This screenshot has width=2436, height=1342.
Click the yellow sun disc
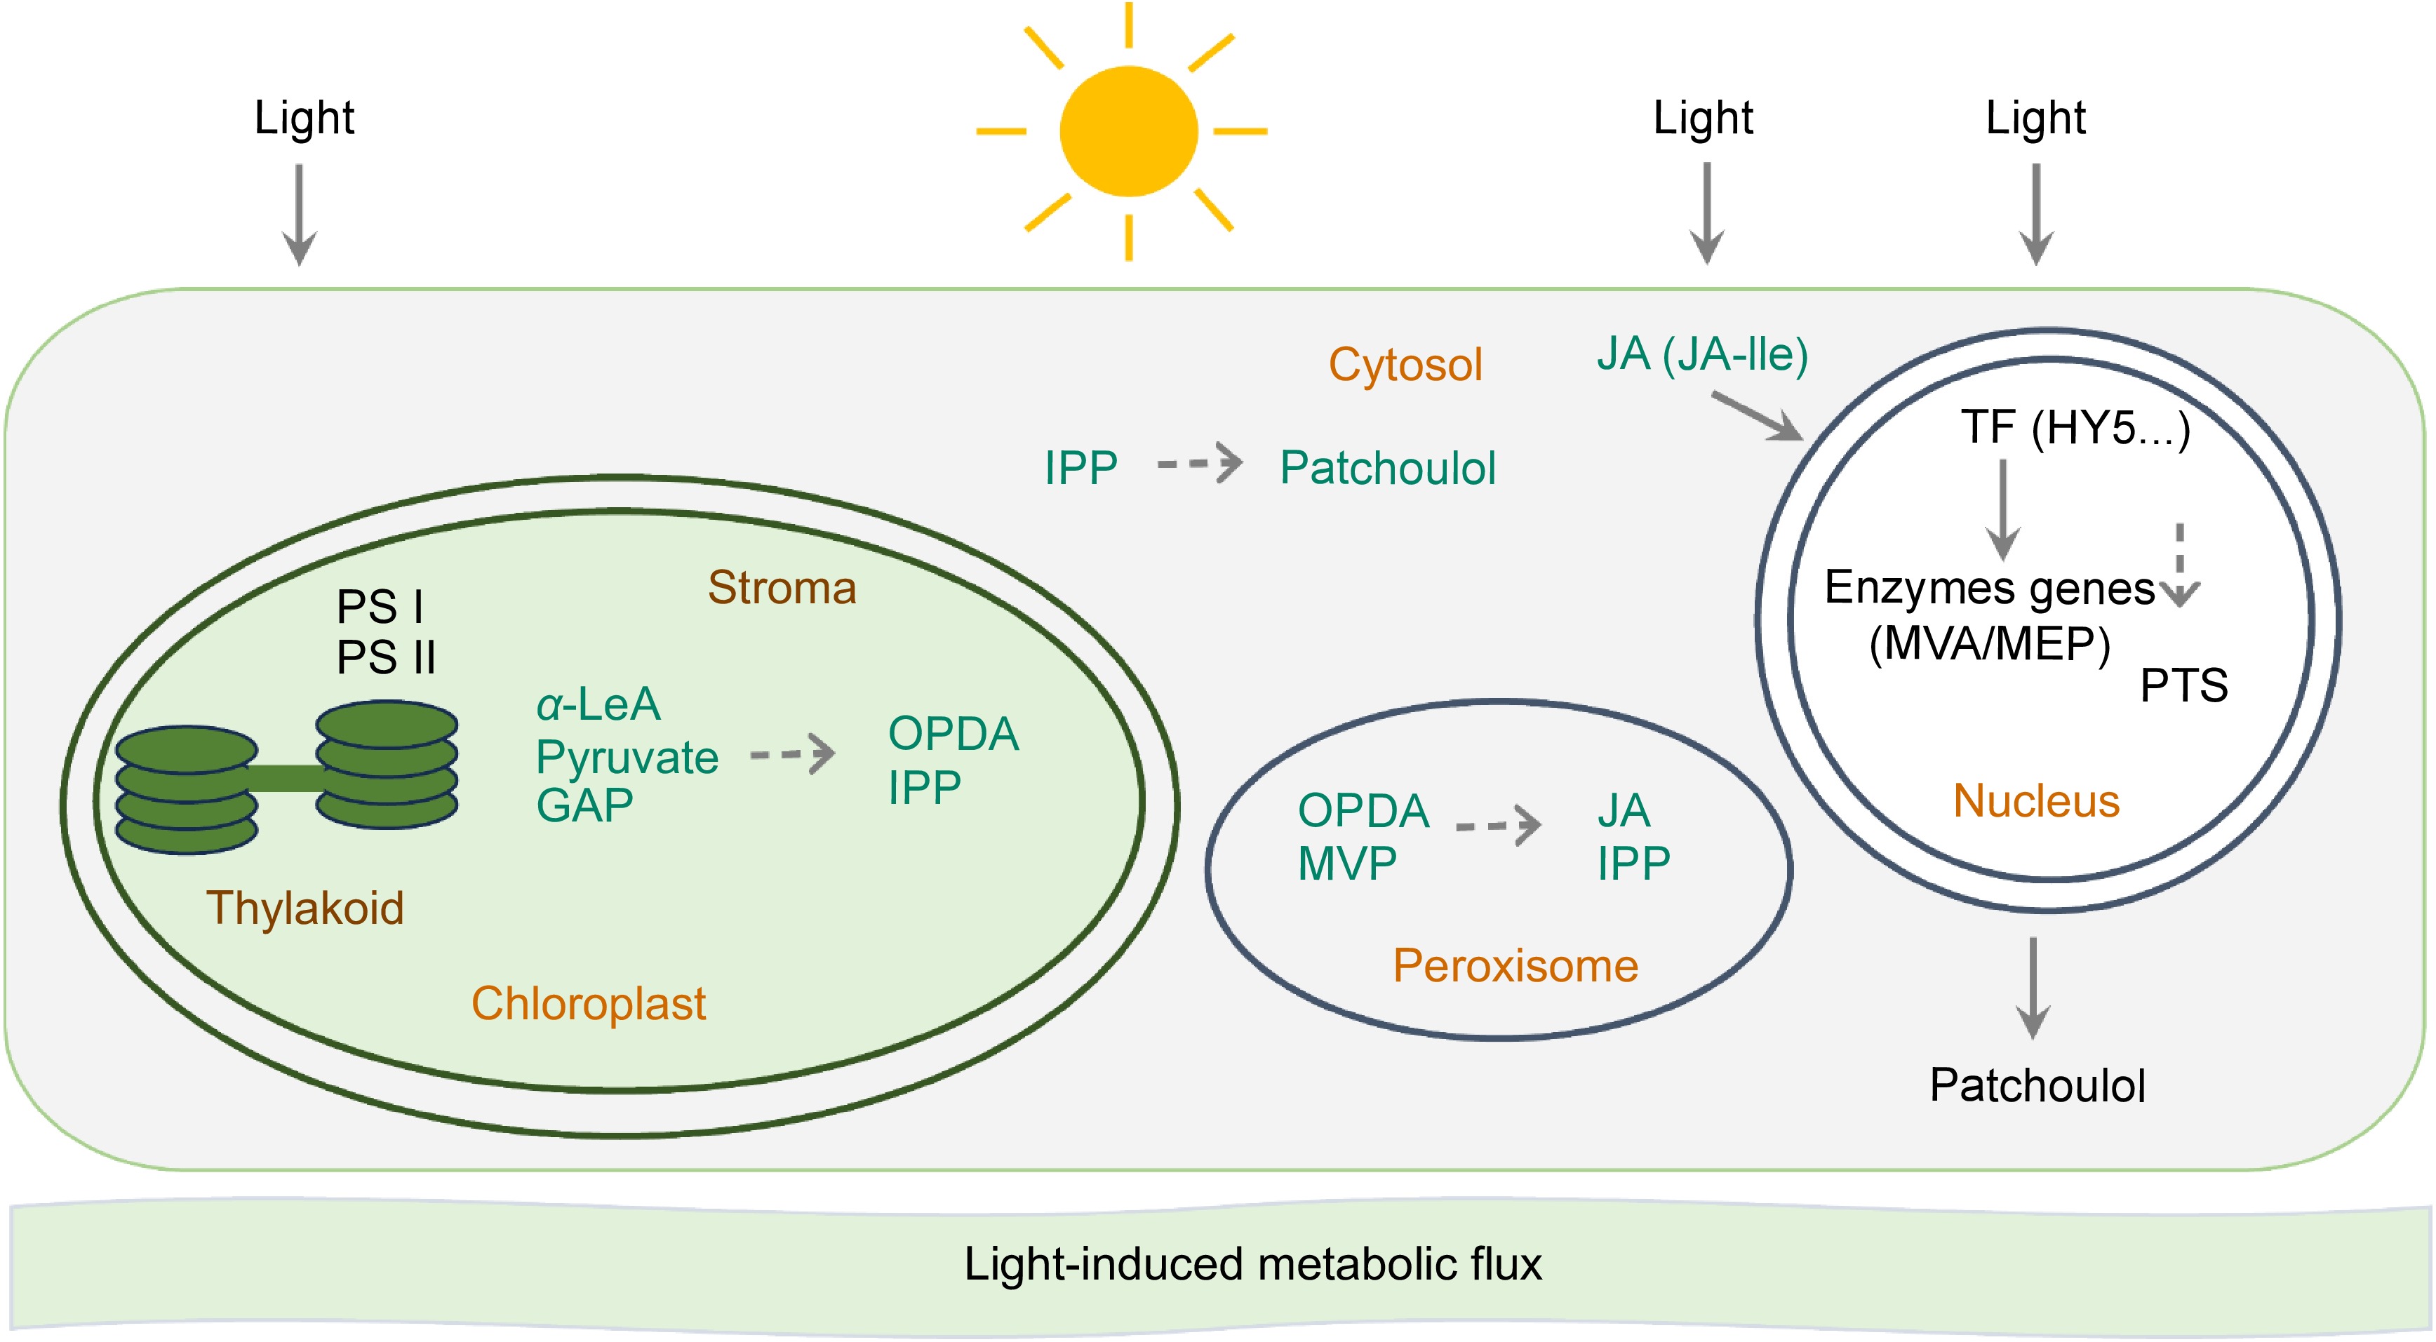point(1128,131)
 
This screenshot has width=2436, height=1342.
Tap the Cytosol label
point(1405,365)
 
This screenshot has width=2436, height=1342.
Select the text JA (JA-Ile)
point(1702,355)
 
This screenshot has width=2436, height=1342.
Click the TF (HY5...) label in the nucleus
point(2075,427)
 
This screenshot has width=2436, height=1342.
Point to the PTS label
point(2183,685)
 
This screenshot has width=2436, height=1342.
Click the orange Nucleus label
point(2036,801)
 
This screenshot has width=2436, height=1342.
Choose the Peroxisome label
point(1515,965)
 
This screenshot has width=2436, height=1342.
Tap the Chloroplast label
point(588,1003)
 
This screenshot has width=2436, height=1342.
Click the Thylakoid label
point(304,908)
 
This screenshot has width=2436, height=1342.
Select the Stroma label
point(782,587)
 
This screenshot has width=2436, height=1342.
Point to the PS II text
point(386,657)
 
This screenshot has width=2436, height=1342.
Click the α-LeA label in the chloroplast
point(598,704)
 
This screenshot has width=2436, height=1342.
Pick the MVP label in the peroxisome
point(1346,864)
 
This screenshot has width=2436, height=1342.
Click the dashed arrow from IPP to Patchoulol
point(1200,464)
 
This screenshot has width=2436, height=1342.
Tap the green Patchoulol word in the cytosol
point(1387,468)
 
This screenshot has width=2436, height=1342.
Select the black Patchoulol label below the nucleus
point(2037,1085)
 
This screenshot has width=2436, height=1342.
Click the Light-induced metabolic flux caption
point(1252,1264)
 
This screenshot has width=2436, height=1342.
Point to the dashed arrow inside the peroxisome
point(1498,825)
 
